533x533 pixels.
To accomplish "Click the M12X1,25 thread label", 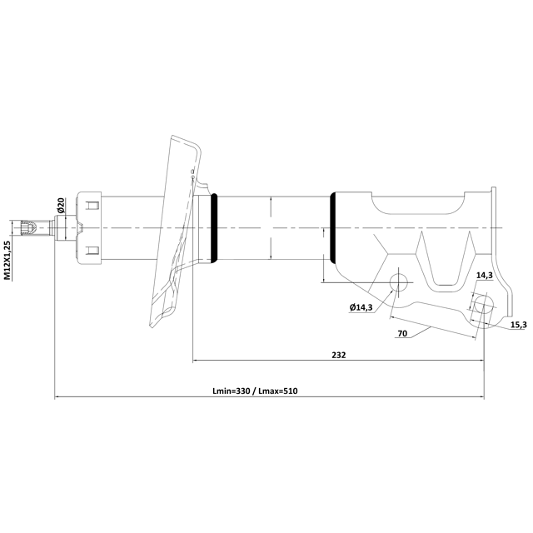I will (x=7, y=260).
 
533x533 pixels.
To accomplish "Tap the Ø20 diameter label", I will (x=61, y=205).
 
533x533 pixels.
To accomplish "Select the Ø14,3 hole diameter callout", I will (x=361, y=307).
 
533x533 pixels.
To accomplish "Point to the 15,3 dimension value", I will (x=518, y=324).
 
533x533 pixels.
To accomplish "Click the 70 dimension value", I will (x=402, y=333).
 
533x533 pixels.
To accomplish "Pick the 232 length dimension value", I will (x=338, y=354).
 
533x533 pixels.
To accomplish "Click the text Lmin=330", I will (x=232, y=391).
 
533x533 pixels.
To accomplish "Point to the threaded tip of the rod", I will (x=27, y=227).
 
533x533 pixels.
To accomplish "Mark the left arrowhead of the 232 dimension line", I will (x=197, y=361).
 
